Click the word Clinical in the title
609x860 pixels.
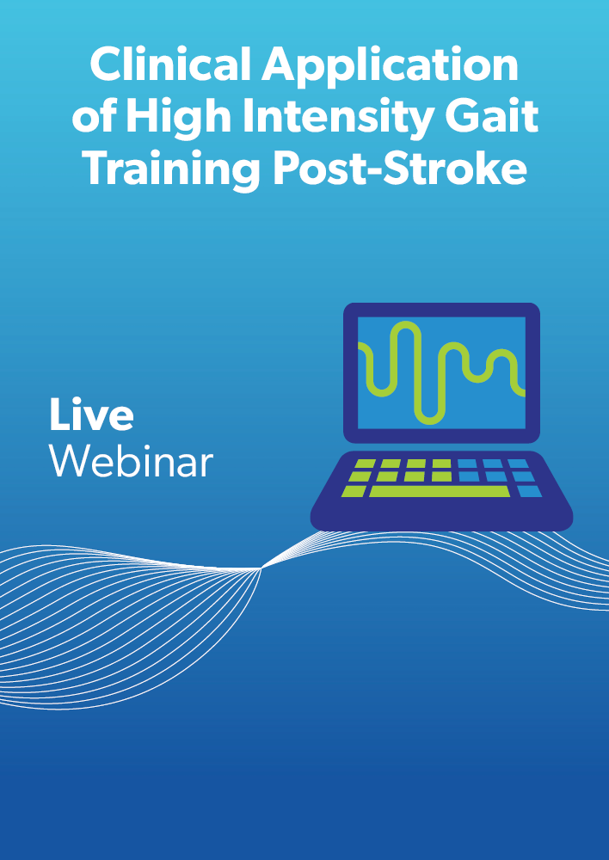171,64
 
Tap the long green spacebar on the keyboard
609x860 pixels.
440,491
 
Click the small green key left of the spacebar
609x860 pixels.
354,491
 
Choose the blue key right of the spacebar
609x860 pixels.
530,491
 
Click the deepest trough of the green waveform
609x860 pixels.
429,422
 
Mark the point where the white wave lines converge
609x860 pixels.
261,568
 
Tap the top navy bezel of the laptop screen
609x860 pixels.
441,310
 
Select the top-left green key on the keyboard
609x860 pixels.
365,464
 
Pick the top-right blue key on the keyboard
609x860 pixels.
518,464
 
